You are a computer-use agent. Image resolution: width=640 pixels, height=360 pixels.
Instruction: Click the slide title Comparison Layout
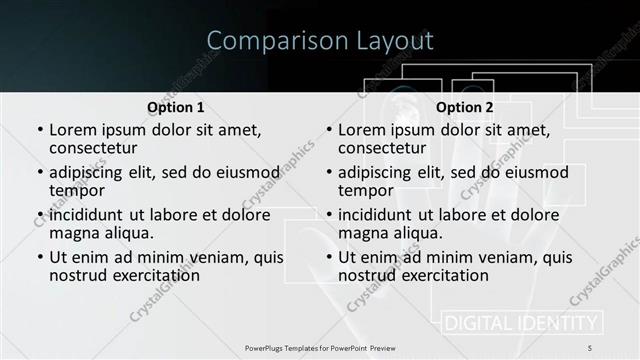320,41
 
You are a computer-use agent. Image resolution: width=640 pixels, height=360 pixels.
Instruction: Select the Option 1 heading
175,107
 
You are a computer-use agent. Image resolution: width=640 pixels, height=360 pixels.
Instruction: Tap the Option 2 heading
465,107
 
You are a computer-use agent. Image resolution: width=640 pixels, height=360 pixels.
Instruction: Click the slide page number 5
589,347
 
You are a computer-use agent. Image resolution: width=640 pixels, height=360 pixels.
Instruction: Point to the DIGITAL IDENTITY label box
521,323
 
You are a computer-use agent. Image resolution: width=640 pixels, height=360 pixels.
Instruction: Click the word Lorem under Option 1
74,130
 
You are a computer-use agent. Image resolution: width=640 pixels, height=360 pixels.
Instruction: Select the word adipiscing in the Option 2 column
374,172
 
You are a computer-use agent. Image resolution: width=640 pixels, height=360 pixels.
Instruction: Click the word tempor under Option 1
77,191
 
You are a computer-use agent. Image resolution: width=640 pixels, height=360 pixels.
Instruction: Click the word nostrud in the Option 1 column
77,275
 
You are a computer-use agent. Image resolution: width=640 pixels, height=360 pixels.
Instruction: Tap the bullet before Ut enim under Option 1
39,257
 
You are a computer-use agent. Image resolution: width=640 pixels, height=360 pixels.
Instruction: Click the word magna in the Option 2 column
364,233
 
